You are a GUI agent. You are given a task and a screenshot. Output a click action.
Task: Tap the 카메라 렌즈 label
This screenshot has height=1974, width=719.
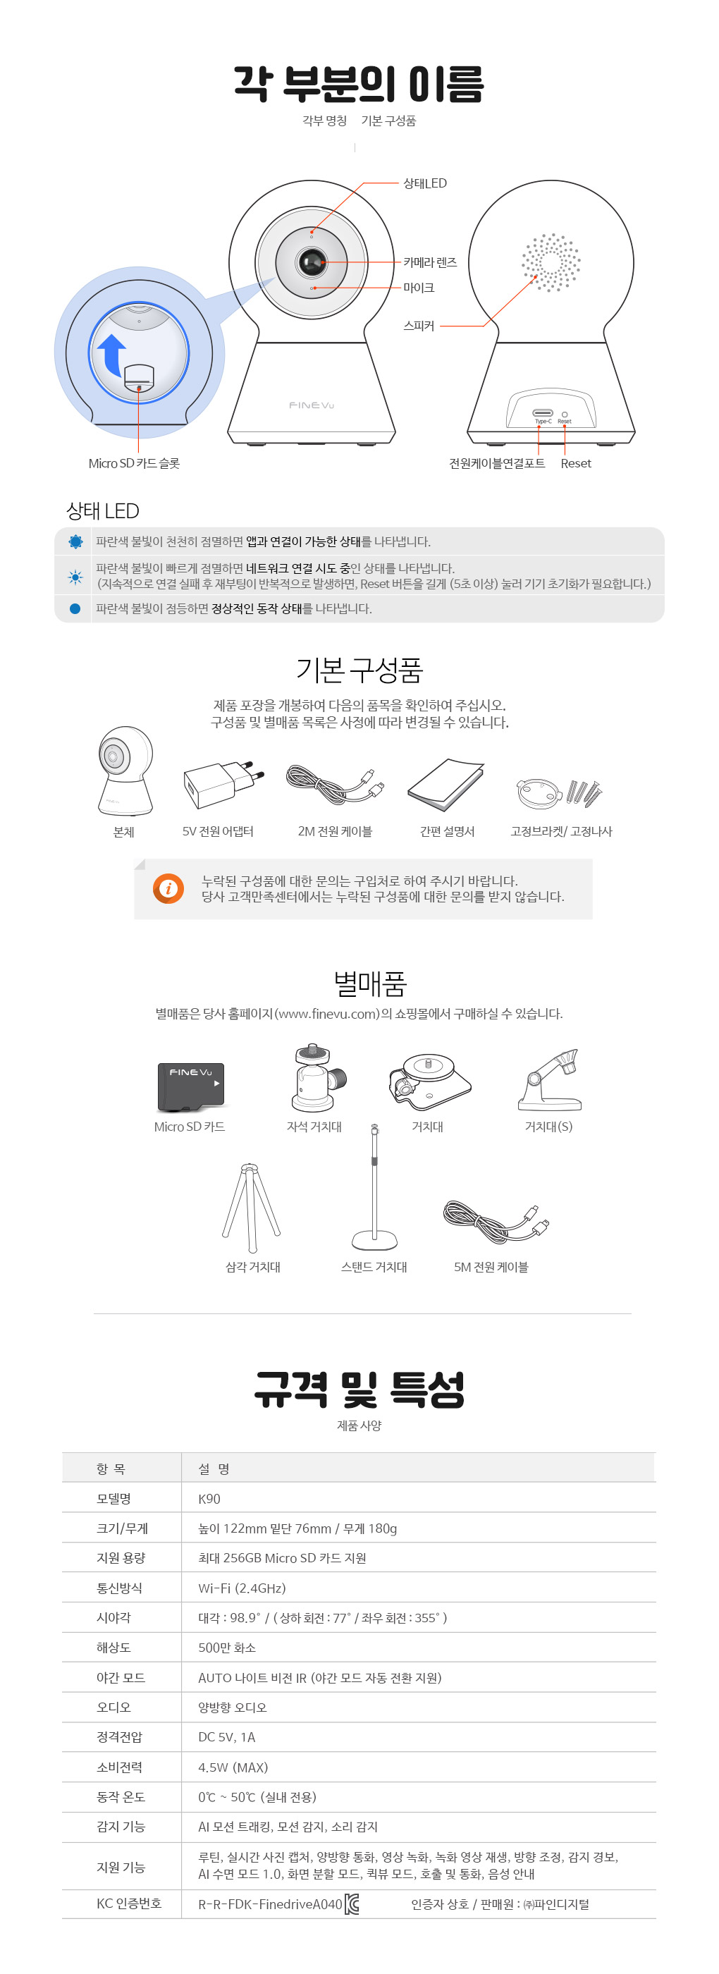pos(430,262)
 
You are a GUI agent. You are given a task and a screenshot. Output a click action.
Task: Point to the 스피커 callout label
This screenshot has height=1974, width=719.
pos(419,326)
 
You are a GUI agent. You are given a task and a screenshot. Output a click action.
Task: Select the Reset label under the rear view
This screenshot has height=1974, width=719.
pos(576,464)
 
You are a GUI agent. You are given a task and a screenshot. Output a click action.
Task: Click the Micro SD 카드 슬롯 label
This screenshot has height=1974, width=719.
pos(134,464)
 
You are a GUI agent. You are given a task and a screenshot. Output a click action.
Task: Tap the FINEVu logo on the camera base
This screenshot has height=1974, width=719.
pos(311,405)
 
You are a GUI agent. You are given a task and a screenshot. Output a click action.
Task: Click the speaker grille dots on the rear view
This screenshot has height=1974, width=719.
pos(551,263)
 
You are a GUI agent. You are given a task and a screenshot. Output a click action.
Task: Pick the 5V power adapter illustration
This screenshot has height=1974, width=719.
pos(224,784)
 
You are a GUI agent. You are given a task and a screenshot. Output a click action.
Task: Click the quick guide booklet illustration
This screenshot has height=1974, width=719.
pos(446,785)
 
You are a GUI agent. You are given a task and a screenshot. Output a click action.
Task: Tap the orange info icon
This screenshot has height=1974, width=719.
pos(168,888)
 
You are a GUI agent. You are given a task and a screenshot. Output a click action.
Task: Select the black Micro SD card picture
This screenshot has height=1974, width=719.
pos(192,1086)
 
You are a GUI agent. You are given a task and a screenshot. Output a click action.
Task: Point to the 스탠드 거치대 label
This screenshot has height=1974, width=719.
pos(374,1268)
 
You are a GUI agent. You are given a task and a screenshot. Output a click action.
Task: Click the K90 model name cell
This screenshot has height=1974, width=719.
pos(209,1499)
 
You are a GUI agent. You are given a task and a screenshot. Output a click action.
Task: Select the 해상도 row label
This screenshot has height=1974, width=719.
pos(113,1648)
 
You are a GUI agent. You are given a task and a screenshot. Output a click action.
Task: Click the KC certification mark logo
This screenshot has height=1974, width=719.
pos(352,1904)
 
